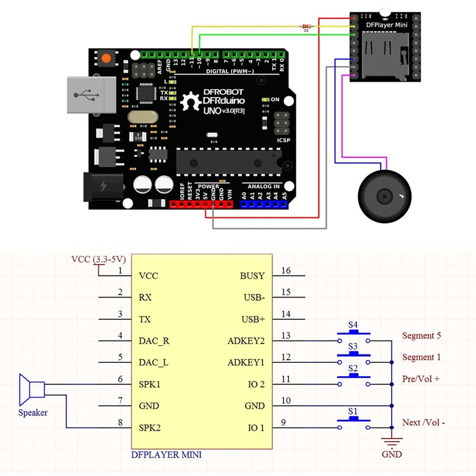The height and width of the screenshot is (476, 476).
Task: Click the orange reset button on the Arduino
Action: (107, 58)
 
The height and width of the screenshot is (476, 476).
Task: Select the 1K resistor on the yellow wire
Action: (306, 26)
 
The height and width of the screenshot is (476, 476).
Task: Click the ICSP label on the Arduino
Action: (284, 140)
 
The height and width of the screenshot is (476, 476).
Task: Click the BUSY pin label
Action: (253, 276)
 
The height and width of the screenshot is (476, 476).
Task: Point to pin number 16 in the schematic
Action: (286, 271)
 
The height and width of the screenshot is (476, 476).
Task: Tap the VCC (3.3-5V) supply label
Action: (98, 259)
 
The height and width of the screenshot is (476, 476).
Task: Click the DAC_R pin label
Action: (154, 341)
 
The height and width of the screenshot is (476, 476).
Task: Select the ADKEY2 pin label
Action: (246, 341)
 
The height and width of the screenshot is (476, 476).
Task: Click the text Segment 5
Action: (421, 336)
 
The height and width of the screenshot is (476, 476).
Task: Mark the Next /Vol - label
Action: (424, 422)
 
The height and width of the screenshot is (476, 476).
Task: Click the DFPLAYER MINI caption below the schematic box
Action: (166, 455)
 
